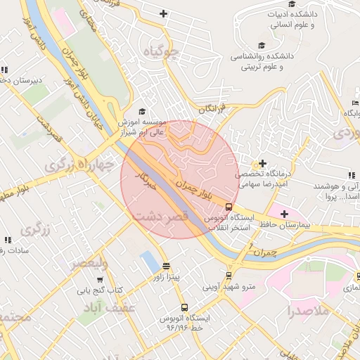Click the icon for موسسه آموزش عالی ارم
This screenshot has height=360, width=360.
coord(142,111)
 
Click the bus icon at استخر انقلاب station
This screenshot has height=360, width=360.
coord(229,206)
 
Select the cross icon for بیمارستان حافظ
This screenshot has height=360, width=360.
coord(284,213)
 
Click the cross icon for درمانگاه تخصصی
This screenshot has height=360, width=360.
coord(263,164)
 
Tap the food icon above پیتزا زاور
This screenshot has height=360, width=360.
coord(166,266)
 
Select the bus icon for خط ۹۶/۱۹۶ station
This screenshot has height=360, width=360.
coord(184,307)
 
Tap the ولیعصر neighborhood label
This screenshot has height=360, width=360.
coord(89,264)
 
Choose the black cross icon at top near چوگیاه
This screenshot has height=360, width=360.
coord(163,13)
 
